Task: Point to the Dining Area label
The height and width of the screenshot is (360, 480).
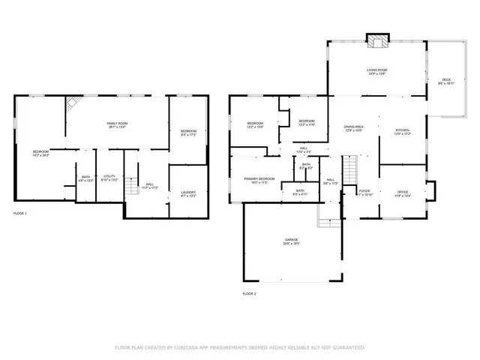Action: (353, 128)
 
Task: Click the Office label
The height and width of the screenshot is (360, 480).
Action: (403, 193)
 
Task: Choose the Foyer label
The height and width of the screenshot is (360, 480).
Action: (364, 192)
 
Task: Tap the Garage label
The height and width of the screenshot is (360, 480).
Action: (292, 242)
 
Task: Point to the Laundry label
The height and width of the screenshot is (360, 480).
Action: (188, 193)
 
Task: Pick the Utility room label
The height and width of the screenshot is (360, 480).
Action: (109, 178)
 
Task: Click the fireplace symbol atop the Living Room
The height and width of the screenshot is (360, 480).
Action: (375, 40)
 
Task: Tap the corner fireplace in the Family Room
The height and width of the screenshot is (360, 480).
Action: (73, 103)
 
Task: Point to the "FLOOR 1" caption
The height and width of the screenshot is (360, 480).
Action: (20, 214)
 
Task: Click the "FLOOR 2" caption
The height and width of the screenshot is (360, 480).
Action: (249, 293)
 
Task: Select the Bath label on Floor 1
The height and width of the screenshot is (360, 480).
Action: (85, 178)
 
